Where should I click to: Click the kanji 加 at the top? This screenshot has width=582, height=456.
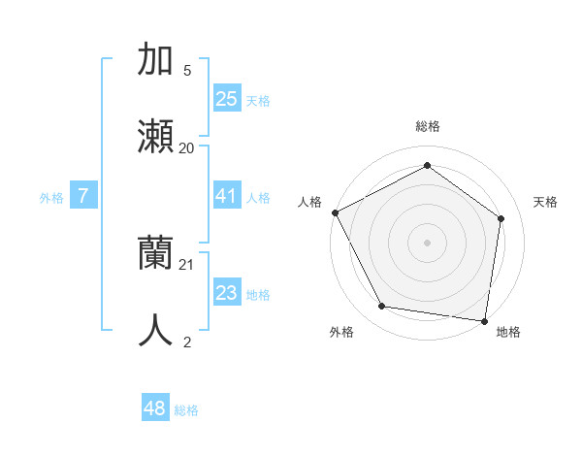pyautogui.click(x=156, y=59)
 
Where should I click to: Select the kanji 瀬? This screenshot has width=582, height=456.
pyautogui.click(x=156, y=137)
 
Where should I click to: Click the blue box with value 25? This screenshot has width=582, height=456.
pyautogui.click(x=226, y=98)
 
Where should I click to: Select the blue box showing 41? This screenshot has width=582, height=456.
pyautogui.click(x=226, y=196)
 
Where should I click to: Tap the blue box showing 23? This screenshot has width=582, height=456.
pyautogui.click(x=226, y=293)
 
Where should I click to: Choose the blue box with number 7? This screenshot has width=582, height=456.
pyautogui.click(x=83, y=196)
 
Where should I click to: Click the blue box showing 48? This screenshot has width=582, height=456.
pyautogui.click(x=154, y=408)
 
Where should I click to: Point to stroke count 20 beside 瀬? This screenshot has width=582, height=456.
pyautogui.click(x=186, y=147)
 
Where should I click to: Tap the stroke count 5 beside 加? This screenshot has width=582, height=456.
pyautogui.click(x=187, y=70)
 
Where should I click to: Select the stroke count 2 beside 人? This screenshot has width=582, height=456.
pyautogui.click(x=187, y=342)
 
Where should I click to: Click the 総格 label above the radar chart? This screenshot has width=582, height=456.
pyautogui.click(x=427, y=126)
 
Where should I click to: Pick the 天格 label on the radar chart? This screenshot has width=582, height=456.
pyautogui.click(x=545, y=202)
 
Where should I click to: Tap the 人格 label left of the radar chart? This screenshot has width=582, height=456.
pyautogui.click(x=309, y=202)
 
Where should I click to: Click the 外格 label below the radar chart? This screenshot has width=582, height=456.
pyautogui.click(x=341, y=333)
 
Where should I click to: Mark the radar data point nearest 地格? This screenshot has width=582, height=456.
pyautogui.click(x=485, y=320)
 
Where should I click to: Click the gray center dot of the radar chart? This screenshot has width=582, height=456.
pyautogui.click(x=427, y=242)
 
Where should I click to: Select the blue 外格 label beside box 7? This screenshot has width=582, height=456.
pyautogui.click(x=51, y=197)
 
